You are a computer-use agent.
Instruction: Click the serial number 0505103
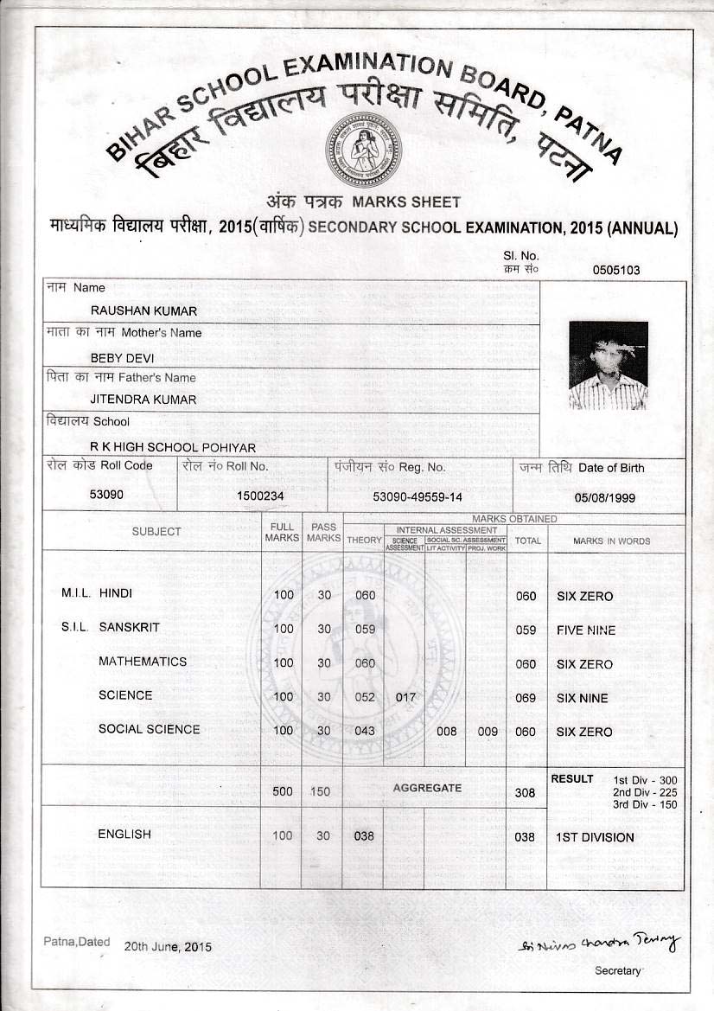tap(616, 270)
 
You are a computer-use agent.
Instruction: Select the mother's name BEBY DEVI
tap(121, 355)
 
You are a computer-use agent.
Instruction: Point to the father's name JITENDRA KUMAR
tap(143, 400)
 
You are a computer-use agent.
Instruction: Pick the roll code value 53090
tap(106, 496)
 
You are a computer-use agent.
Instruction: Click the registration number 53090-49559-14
tap(417, 497)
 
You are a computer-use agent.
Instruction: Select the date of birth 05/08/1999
tap(604, 497)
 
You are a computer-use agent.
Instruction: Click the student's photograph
tap(608, 365)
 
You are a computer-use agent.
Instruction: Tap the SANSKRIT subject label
tap(129, 627)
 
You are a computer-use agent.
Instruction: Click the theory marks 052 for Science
tap(365, 697)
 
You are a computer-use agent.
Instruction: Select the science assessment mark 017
tap(405, 697)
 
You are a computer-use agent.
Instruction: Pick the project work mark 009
tap(488, 732)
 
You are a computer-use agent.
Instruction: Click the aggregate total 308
tap(525, 792)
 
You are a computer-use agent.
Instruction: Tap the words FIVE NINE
tap(586, 630)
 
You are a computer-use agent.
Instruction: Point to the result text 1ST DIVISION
tap(595, 837)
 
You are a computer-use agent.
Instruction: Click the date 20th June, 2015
tap(168, 947)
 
